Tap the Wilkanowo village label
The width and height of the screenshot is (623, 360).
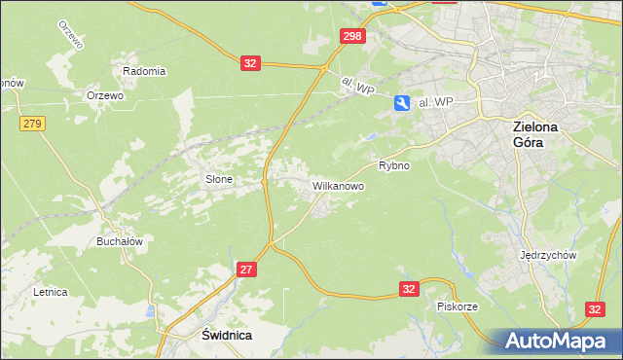338,185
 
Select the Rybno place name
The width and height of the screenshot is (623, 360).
394,165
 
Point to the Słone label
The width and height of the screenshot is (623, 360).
218,179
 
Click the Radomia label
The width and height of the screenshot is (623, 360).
144,71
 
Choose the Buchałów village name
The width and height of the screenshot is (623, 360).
120,241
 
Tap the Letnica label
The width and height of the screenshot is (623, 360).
50,291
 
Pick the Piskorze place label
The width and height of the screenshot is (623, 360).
457,306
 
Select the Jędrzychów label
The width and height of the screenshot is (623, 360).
549,255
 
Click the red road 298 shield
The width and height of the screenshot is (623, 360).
353,36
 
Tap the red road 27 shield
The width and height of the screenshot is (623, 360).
246,269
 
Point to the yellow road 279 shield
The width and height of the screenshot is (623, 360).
32,123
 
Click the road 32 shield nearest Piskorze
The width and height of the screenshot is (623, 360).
409,289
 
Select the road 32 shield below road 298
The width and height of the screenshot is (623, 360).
250,63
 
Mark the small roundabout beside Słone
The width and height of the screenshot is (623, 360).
264,180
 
